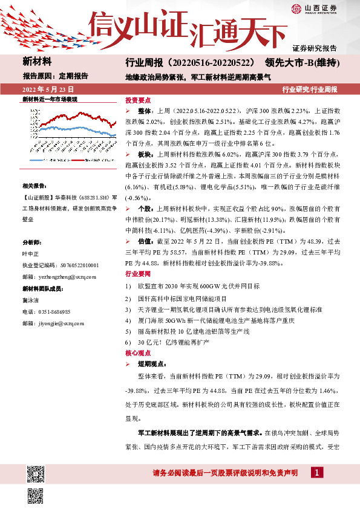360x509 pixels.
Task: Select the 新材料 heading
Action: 37,62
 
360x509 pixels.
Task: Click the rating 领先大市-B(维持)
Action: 300,63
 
